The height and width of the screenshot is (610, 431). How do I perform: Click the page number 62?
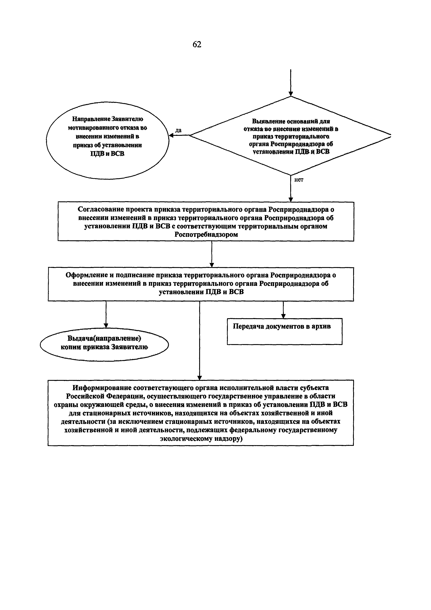point(197,44)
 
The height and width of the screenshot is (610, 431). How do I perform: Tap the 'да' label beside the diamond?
point(178,130)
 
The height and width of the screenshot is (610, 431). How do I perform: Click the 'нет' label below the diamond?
point(299,180)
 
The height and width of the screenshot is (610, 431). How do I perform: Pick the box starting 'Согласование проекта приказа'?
point(206,222)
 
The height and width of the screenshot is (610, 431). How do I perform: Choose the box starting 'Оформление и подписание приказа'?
point(201,284)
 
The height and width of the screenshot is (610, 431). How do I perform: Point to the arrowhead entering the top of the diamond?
point(291,94)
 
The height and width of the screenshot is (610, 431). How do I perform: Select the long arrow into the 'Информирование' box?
point(200,340)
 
